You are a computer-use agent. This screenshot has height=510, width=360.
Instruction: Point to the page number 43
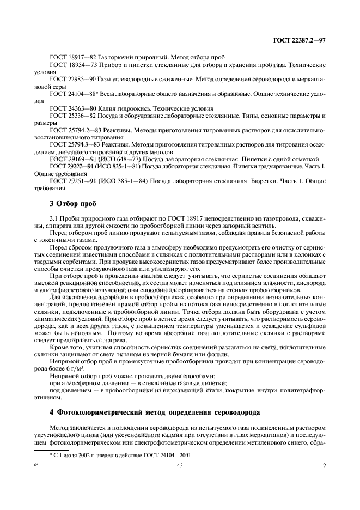pyautogui.click(x=179, y=465)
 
